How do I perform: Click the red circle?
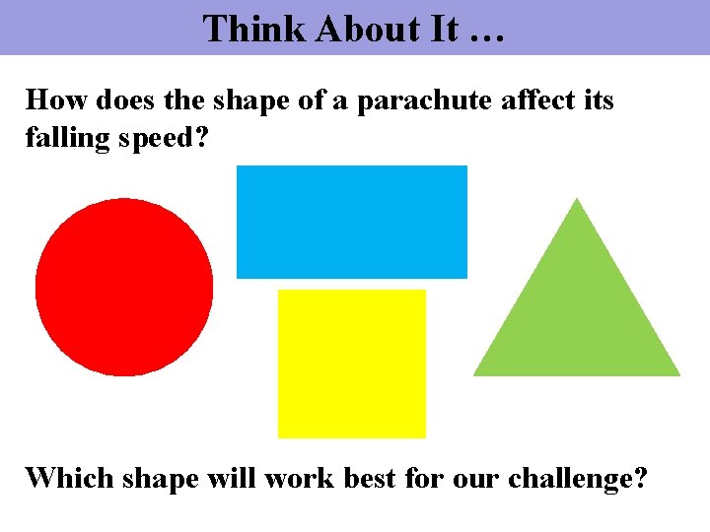(x=124, y=287)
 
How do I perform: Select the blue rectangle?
(x=352, y=222)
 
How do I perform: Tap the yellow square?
(x=352, y=364)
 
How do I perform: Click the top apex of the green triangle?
(x=577, y=201)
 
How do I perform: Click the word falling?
(x=65, y=137)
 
